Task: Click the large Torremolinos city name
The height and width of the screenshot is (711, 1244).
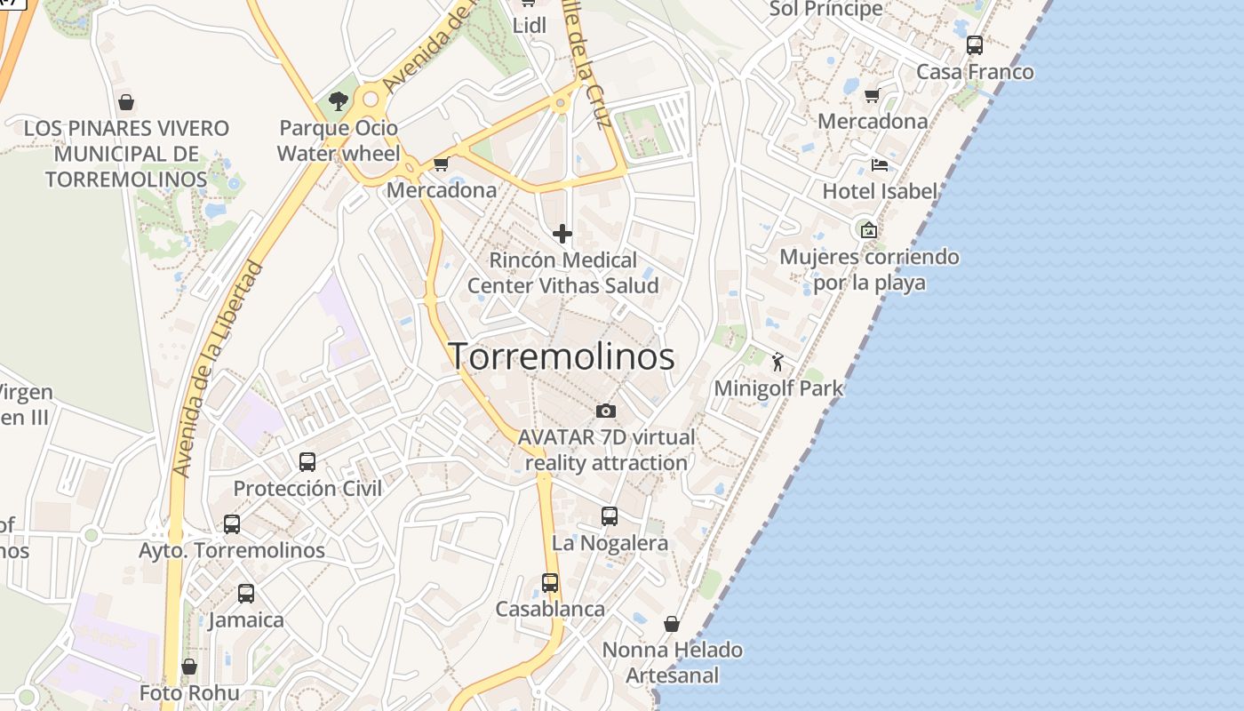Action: coord(562,356)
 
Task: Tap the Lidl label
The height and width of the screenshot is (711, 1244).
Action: coord(530,26)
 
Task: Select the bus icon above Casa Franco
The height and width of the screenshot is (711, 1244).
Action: coord(975,45)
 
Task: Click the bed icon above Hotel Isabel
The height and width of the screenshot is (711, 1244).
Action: coord(880,165)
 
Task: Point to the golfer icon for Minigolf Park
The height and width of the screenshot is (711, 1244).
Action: coord(778,362)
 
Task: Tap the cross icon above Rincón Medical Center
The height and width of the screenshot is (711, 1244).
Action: coord(562,234)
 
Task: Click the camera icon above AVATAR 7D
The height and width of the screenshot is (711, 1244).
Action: coord(606,411)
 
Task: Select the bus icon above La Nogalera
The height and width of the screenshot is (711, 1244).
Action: coord(610,516)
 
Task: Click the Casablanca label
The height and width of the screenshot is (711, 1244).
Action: coord(550,610)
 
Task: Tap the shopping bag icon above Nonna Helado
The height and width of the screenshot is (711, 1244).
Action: coord(672,624)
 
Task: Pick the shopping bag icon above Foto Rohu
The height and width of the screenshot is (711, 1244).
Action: coord(189,667)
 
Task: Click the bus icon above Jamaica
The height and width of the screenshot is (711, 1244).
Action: coord(246,594)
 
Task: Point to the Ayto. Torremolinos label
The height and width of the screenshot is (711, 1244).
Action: coord(232,551)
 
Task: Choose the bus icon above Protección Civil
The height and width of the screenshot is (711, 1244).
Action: coord(307,462)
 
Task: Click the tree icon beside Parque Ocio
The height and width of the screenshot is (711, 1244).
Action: coord(338,101)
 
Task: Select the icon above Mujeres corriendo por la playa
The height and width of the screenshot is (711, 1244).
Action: coord(868,230)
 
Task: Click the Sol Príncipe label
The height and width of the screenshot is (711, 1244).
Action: coord(826,10)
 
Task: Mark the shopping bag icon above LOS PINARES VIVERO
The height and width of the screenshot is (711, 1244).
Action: coord(126,102)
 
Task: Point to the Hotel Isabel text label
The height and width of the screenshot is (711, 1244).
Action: coord(880,191)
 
